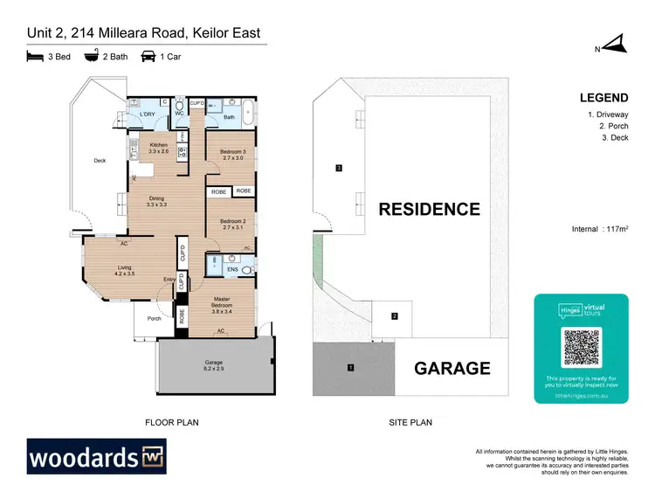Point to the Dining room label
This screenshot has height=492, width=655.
(156, 201)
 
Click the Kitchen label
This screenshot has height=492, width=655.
(158, 148)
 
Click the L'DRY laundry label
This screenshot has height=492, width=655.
(141, 114)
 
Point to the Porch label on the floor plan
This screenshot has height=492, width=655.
(154, 318)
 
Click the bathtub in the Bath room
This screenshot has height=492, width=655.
(248, 112)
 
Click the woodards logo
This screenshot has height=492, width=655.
(97, 456)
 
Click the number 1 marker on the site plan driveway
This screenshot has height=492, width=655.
(350, 367)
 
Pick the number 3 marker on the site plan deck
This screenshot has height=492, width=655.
(338, 168)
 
